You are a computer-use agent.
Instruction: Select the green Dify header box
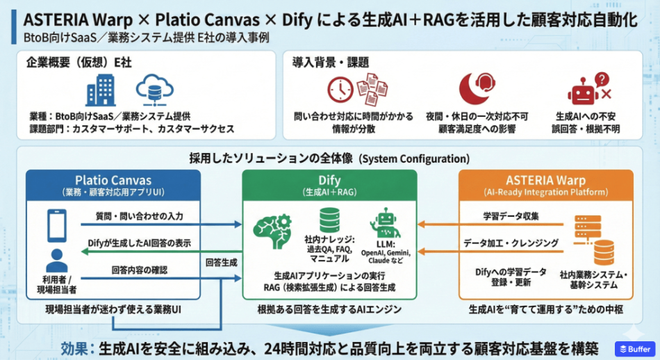(x=329, y=186)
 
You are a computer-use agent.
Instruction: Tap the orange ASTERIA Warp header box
(x=546, y=186)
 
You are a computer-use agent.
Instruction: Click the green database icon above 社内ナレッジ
(x=329, y=220)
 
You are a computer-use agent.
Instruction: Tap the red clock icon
(x=340, y=90)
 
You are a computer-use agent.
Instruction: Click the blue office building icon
(x=101, y=90)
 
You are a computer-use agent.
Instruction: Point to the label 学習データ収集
(x=511, y=216)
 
